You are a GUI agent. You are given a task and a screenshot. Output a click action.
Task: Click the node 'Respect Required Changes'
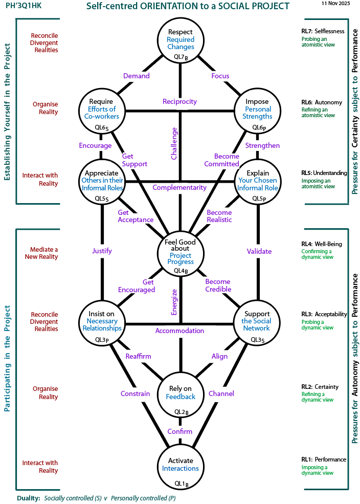point(180,40)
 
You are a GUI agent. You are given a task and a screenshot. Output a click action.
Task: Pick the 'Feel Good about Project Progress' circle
point(180,252)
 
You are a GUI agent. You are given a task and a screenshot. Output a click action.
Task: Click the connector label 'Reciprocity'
point(179,101)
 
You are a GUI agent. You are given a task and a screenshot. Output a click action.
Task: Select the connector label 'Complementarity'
point(179,188)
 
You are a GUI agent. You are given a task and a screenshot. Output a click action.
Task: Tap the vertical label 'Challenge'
point(174,144)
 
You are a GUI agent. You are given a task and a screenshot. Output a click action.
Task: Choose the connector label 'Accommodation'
point(179,331)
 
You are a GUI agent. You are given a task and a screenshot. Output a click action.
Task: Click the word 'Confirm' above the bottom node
point(180,431)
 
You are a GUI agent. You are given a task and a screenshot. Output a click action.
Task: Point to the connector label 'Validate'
point(259,251)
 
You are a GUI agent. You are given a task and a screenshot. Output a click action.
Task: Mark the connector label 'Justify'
point(102,251)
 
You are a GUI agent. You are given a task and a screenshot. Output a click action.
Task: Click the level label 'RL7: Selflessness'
point(323,31)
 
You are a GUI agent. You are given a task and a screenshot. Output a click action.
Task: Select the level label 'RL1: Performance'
point(324,459)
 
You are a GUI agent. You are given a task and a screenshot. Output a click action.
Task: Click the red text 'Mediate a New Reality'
point(41,253)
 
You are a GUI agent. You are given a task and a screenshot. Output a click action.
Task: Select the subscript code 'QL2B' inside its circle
point(180,411)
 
